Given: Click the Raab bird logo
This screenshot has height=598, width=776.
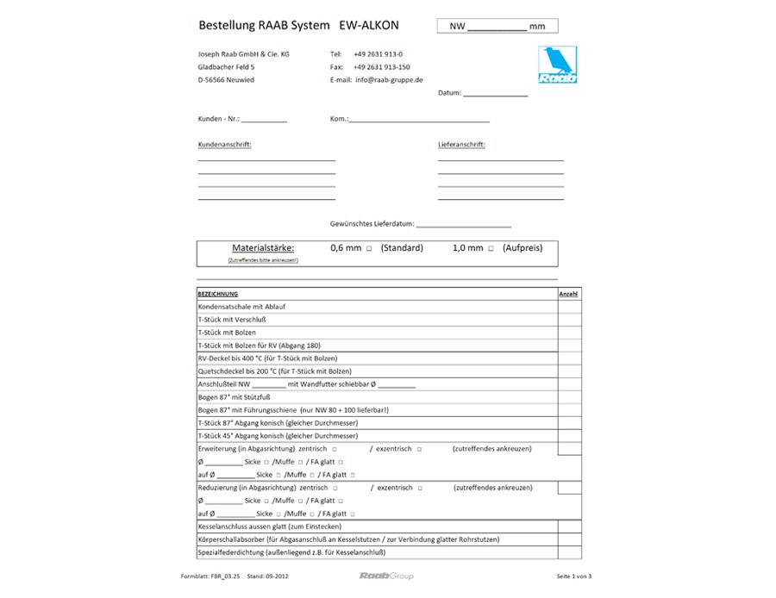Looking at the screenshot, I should pyautogui.click(x=558, y=65).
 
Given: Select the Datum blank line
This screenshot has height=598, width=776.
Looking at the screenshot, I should pyautogui.click(x=495, y=93).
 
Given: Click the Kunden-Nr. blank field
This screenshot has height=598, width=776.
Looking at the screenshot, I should pyautogui.click(x=264, y=119).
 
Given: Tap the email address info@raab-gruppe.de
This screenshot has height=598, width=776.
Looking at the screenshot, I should pyautogui.click(x=389, y=79).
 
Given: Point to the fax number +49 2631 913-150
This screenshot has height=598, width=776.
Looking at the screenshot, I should pyautogui.click(x=382, y=66).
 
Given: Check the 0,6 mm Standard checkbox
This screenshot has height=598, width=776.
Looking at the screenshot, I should pyautogui.click(x=369, y=248).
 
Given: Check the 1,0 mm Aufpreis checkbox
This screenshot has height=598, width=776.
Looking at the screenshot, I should pyautogui.click(x=491, y=248).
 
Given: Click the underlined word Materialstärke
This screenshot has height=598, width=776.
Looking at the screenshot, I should pyautogui.click(x=263, y=247).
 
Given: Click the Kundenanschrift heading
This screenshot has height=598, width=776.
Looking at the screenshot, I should pyautogui.click(x=224, y=145).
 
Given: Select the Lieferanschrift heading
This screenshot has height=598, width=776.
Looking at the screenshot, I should pyautogui.click(x=461, y=145).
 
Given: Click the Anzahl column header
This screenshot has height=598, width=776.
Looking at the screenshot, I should pyautogui.click(x=568, y=294).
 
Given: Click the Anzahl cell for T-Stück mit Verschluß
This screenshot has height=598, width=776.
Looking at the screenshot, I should pyautogui.click(x=569, y=320).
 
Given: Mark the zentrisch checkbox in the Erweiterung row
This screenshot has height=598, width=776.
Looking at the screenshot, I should pyautogui.click(x=335, y=449).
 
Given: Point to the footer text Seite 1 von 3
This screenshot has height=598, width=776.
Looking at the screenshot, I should pyautogui.click(x=574, y=576).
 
